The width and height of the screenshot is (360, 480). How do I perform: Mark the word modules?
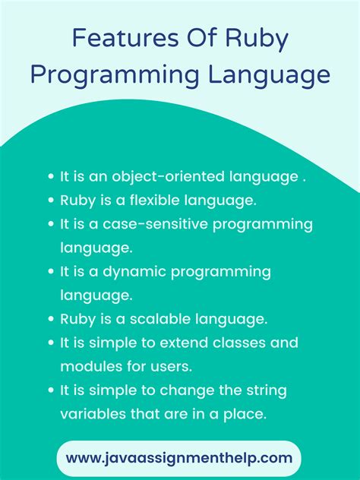point(87,366)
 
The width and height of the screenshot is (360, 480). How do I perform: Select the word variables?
point(90,414)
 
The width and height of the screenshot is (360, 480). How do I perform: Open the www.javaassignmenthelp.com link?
point(179,457)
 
